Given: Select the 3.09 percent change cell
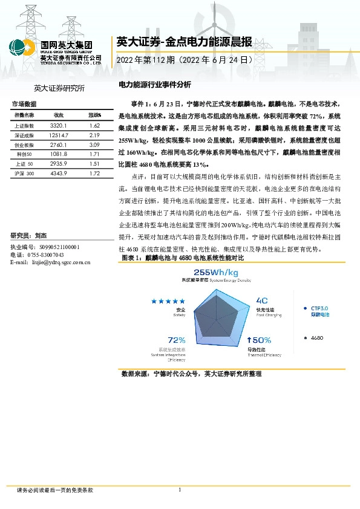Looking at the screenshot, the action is click(x=94, y=145).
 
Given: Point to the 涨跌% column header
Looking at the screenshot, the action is click(x=94, y=115).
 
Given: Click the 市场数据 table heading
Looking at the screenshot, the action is click(x=24, y=104).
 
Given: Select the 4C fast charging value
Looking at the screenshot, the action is click(x=262, y=300).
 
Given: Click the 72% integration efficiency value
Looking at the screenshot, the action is click(x=176, y=340).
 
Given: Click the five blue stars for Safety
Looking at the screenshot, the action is click(x=168, y=301).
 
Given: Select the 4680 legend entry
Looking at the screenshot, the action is click(x=316, y=337).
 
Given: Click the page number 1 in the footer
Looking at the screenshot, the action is click(x=180, y=489).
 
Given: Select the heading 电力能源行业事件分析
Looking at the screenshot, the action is click(x=154, y=86).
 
